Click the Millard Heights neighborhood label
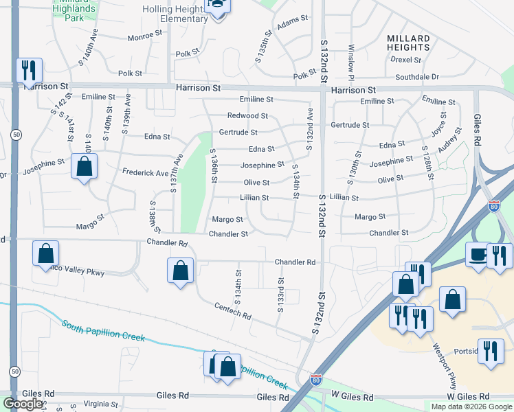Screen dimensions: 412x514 coord(408,43)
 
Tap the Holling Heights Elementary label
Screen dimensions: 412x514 coord(175,14)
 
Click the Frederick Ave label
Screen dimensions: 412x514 coord(145,172)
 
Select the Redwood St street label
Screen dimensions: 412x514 coord(247,116)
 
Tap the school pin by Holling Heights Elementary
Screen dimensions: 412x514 coord(219,5)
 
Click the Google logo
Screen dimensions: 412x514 coord(23,404)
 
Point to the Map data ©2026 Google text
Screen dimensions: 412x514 coord(471,407)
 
